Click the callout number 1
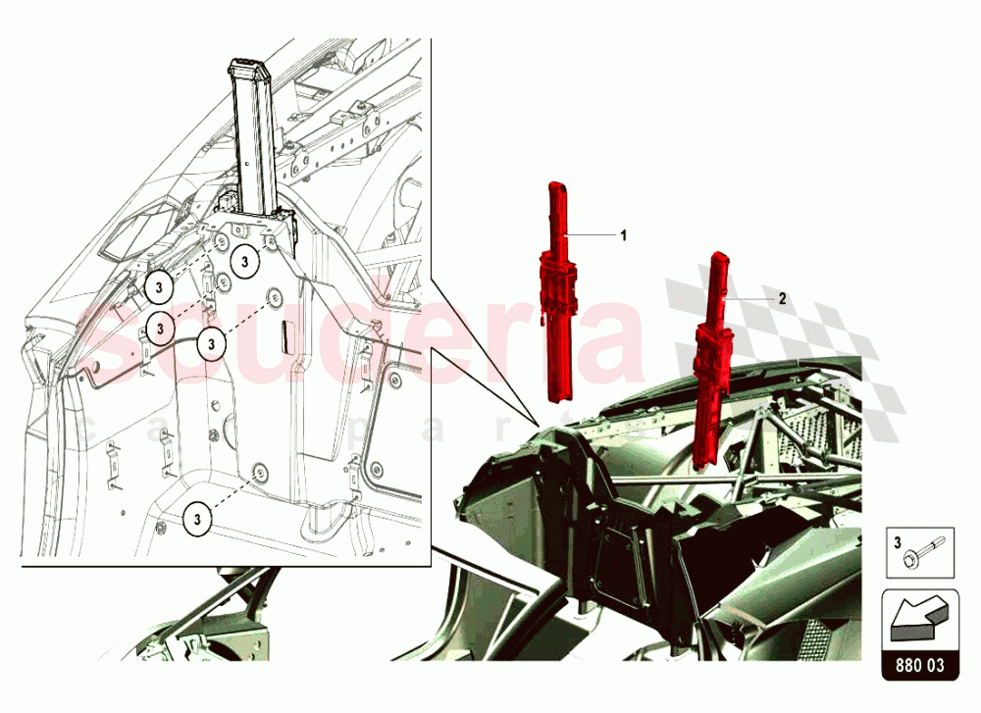pos(622,235)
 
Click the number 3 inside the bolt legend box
pos(896,541)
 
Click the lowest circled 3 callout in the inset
pos(199,517)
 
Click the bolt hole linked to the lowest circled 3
pos(259,474)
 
